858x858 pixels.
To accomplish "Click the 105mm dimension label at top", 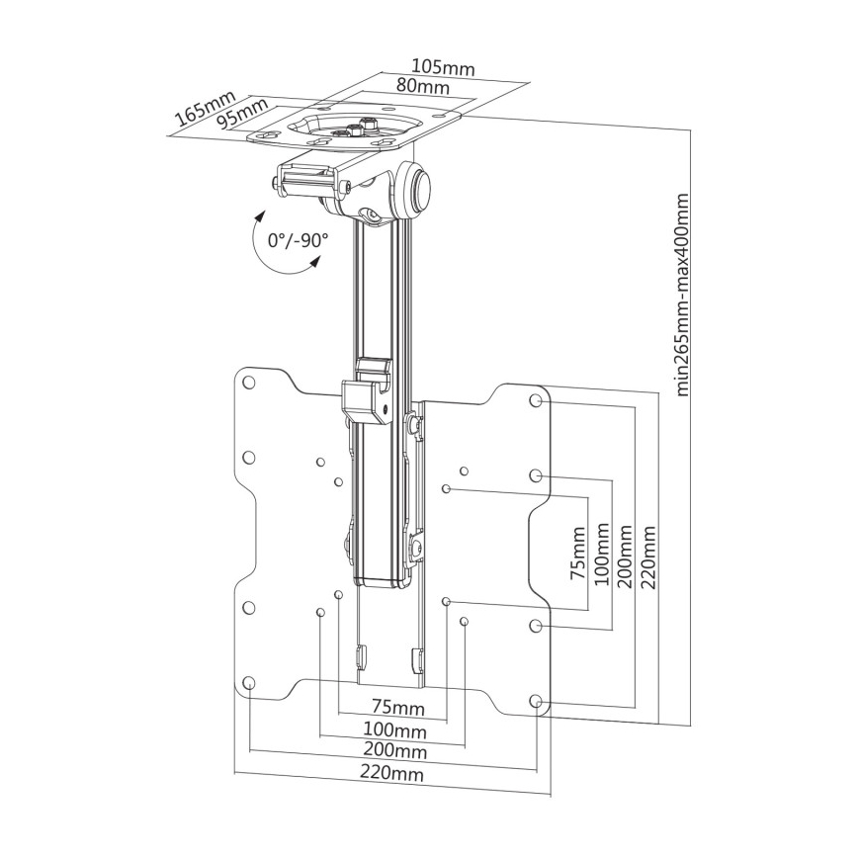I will click(x=442, y=68).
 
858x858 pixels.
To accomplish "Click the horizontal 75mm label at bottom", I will click(x=391, y=708).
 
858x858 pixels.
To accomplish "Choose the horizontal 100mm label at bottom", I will click(x=393, y=730).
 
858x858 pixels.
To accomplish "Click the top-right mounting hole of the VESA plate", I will click(x=536, y=401).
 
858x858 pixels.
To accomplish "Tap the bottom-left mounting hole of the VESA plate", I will click(x=249, y=683).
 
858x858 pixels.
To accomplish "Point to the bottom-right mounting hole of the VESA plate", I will click(x=536, y=702).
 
